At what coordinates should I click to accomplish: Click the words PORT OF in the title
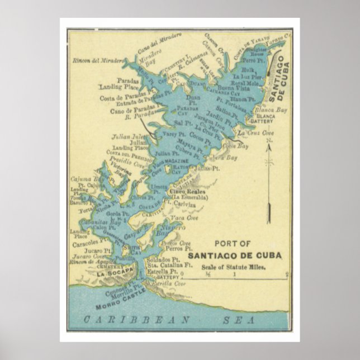click(233, 244)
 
